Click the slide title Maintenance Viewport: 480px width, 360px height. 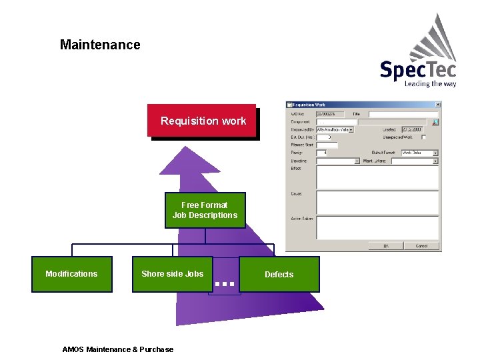click(100, 45)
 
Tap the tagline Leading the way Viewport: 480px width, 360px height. click(430, 84)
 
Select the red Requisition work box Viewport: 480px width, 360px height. click(202, 121)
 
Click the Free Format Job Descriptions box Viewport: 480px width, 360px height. click(205, 210)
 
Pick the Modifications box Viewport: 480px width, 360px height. click(71, 274)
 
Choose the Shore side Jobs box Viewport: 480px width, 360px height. click(172, 274)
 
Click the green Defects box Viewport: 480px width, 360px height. click(279, 275)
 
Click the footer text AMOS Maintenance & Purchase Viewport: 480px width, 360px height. click(117, 349)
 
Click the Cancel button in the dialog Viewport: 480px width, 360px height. click(421, 246)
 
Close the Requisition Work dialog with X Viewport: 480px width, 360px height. click(437, 105)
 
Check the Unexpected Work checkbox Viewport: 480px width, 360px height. click(424, 137)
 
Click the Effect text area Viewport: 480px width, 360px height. click(377, 177)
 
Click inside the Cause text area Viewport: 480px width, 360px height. click(377, 202)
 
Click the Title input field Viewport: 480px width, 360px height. click(402, 114)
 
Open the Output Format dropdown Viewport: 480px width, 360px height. click(435, 153)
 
